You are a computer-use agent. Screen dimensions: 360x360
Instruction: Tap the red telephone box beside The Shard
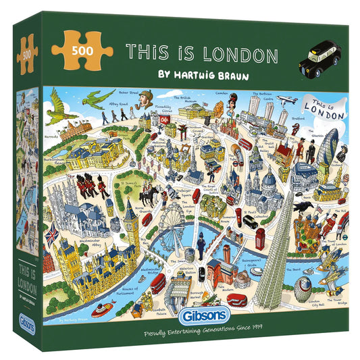pos(260,236)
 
